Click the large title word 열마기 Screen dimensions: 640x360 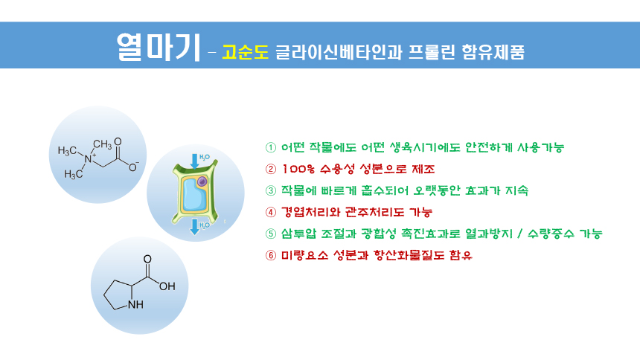point(159,47)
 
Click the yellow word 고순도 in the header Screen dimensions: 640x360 point(246,52)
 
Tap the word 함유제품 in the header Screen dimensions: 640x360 point(493,52)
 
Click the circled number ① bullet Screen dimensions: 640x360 point(271,147)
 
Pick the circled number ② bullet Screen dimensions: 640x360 point(271,169)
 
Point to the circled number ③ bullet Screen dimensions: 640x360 point(271,190)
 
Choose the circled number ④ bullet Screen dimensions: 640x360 point(271,212)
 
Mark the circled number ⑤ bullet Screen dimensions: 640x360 point(271,234)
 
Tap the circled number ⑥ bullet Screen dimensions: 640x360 point(271,256)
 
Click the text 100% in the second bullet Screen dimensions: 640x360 point(298,169)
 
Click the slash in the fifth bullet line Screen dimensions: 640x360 point(519,234)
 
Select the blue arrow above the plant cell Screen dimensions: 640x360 point(195,161)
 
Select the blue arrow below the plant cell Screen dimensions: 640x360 point(195,227)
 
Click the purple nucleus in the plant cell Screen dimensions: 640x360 point(202,181)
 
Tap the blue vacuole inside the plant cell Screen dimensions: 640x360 point(194,195)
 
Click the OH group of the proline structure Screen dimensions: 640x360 point(167,286)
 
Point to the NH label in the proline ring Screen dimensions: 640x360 point(135,304)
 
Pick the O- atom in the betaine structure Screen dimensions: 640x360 point(133,167)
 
